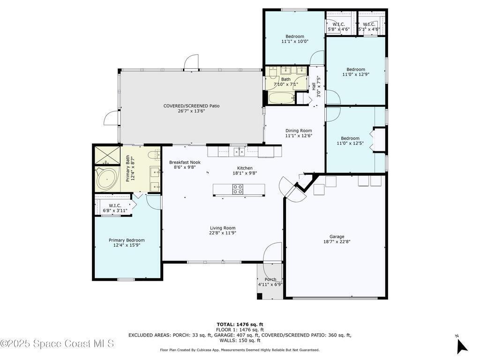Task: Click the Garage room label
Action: (x=337, y=237)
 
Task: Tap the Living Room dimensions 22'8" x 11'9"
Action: (x=223, y=233)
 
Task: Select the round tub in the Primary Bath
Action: (x=106, y=179)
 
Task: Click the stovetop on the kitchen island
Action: (x=238, y=189)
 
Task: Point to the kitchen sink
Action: (x=239, y=151)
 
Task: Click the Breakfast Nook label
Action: (x=185, y=162)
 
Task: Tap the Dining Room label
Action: (x=299, y=130)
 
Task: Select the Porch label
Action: (x=270, y=279)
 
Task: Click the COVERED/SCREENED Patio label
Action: (x=191, y=106)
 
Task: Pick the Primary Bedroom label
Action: (x=127, y=240)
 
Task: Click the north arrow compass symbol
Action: (x=462, y=346)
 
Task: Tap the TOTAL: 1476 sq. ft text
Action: (x=240, y=324)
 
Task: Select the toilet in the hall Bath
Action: (x=272, y=72)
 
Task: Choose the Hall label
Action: (x=314, y=86)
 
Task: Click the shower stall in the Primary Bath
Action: (x=107, y=156)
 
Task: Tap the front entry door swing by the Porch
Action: (x=272, y=253)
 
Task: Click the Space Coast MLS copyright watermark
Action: (x=57, y=343)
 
